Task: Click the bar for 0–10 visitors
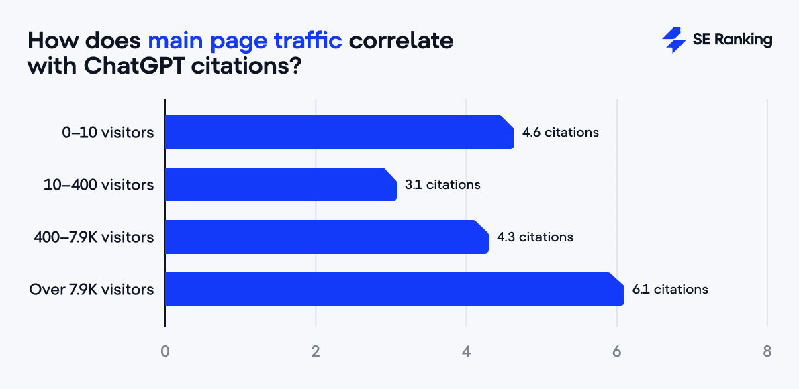[339, 132]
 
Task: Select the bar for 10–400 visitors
[281, 184]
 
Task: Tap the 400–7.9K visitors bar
[326, 237]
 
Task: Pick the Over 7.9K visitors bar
[394, 289]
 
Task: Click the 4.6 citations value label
[561, 132]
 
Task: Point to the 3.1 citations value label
[442, 184]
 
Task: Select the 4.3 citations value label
[535, 237]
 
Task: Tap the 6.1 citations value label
[670, 289]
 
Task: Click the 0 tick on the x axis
[165, 351]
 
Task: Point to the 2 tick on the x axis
[316, 351]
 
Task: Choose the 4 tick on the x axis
[467, 351]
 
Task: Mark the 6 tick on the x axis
[617, 351]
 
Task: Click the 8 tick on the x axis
[767, 351]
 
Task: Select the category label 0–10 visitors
[108, 132]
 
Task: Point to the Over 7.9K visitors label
[91, 289]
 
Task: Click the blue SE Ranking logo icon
[673, 40]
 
